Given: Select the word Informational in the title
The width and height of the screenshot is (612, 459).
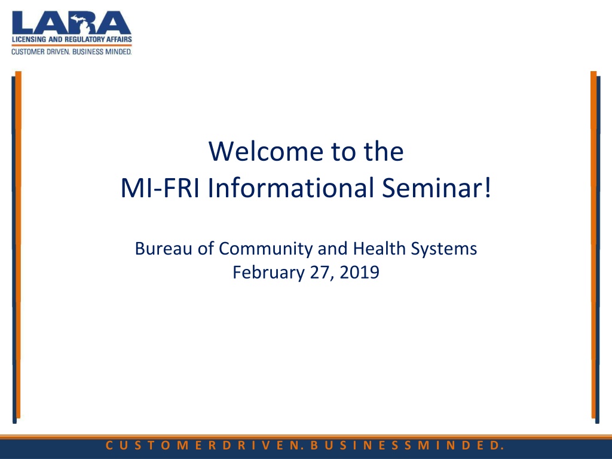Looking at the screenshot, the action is (291, 188).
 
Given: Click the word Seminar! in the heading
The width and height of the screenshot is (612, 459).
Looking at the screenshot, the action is (436, 188).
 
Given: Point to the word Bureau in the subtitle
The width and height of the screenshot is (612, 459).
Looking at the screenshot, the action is (164, 249).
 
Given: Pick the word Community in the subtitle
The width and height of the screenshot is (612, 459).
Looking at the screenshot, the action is (264, 249).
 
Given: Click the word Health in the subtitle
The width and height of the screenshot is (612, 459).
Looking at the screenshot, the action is (380, 248).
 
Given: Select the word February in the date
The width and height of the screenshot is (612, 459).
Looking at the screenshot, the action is (268, 273).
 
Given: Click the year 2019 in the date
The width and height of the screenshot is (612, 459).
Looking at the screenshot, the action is (359, 272).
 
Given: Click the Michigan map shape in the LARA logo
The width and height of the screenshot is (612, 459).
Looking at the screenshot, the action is (83, 23).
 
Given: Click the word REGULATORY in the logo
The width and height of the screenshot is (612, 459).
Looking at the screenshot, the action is (85, 39).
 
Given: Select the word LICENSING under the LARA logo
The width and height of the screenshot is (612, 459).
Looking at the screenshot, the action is (29, 39).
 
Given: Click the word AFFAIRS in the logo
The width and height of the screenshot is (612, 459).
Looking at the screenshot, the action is (119, 39).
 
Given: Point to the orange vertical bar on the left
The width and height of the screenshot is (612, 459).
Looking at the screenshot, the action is (19, 244).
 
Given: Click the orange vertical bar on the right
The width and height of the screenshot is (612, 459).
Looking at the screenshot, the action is (593, 244).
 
